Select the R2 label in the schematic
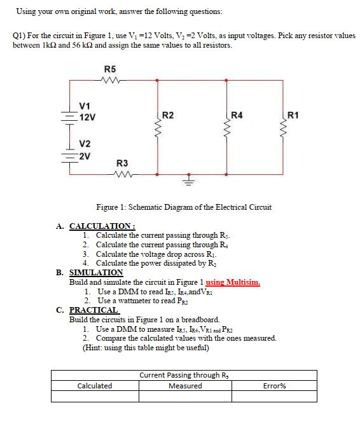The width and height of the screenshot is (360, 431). click(x=169, y=115)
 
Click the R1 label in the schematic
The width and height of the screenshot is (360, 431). click(x=293, y=115)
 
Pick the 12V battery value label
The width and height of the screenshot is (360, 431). click(x=88, y=118)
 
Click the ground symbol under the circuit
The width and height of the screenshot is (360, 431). click(x=187, y=178)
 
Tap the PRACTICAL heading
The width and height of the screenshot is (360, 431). click(x=93, y=310)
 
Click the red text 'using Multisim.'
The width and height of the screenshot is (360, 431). click(x=233, y=282)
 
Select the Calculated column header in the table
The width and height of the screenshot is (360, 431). click(x=94, y=386)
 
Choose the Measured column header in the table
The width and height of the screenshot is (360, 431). click(x=185, y=386)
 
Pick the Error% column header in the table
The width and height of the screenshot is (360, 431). click(x=274, y=386)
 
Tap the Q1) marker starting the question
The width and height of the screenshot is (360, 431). click(x=20, y=36)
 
